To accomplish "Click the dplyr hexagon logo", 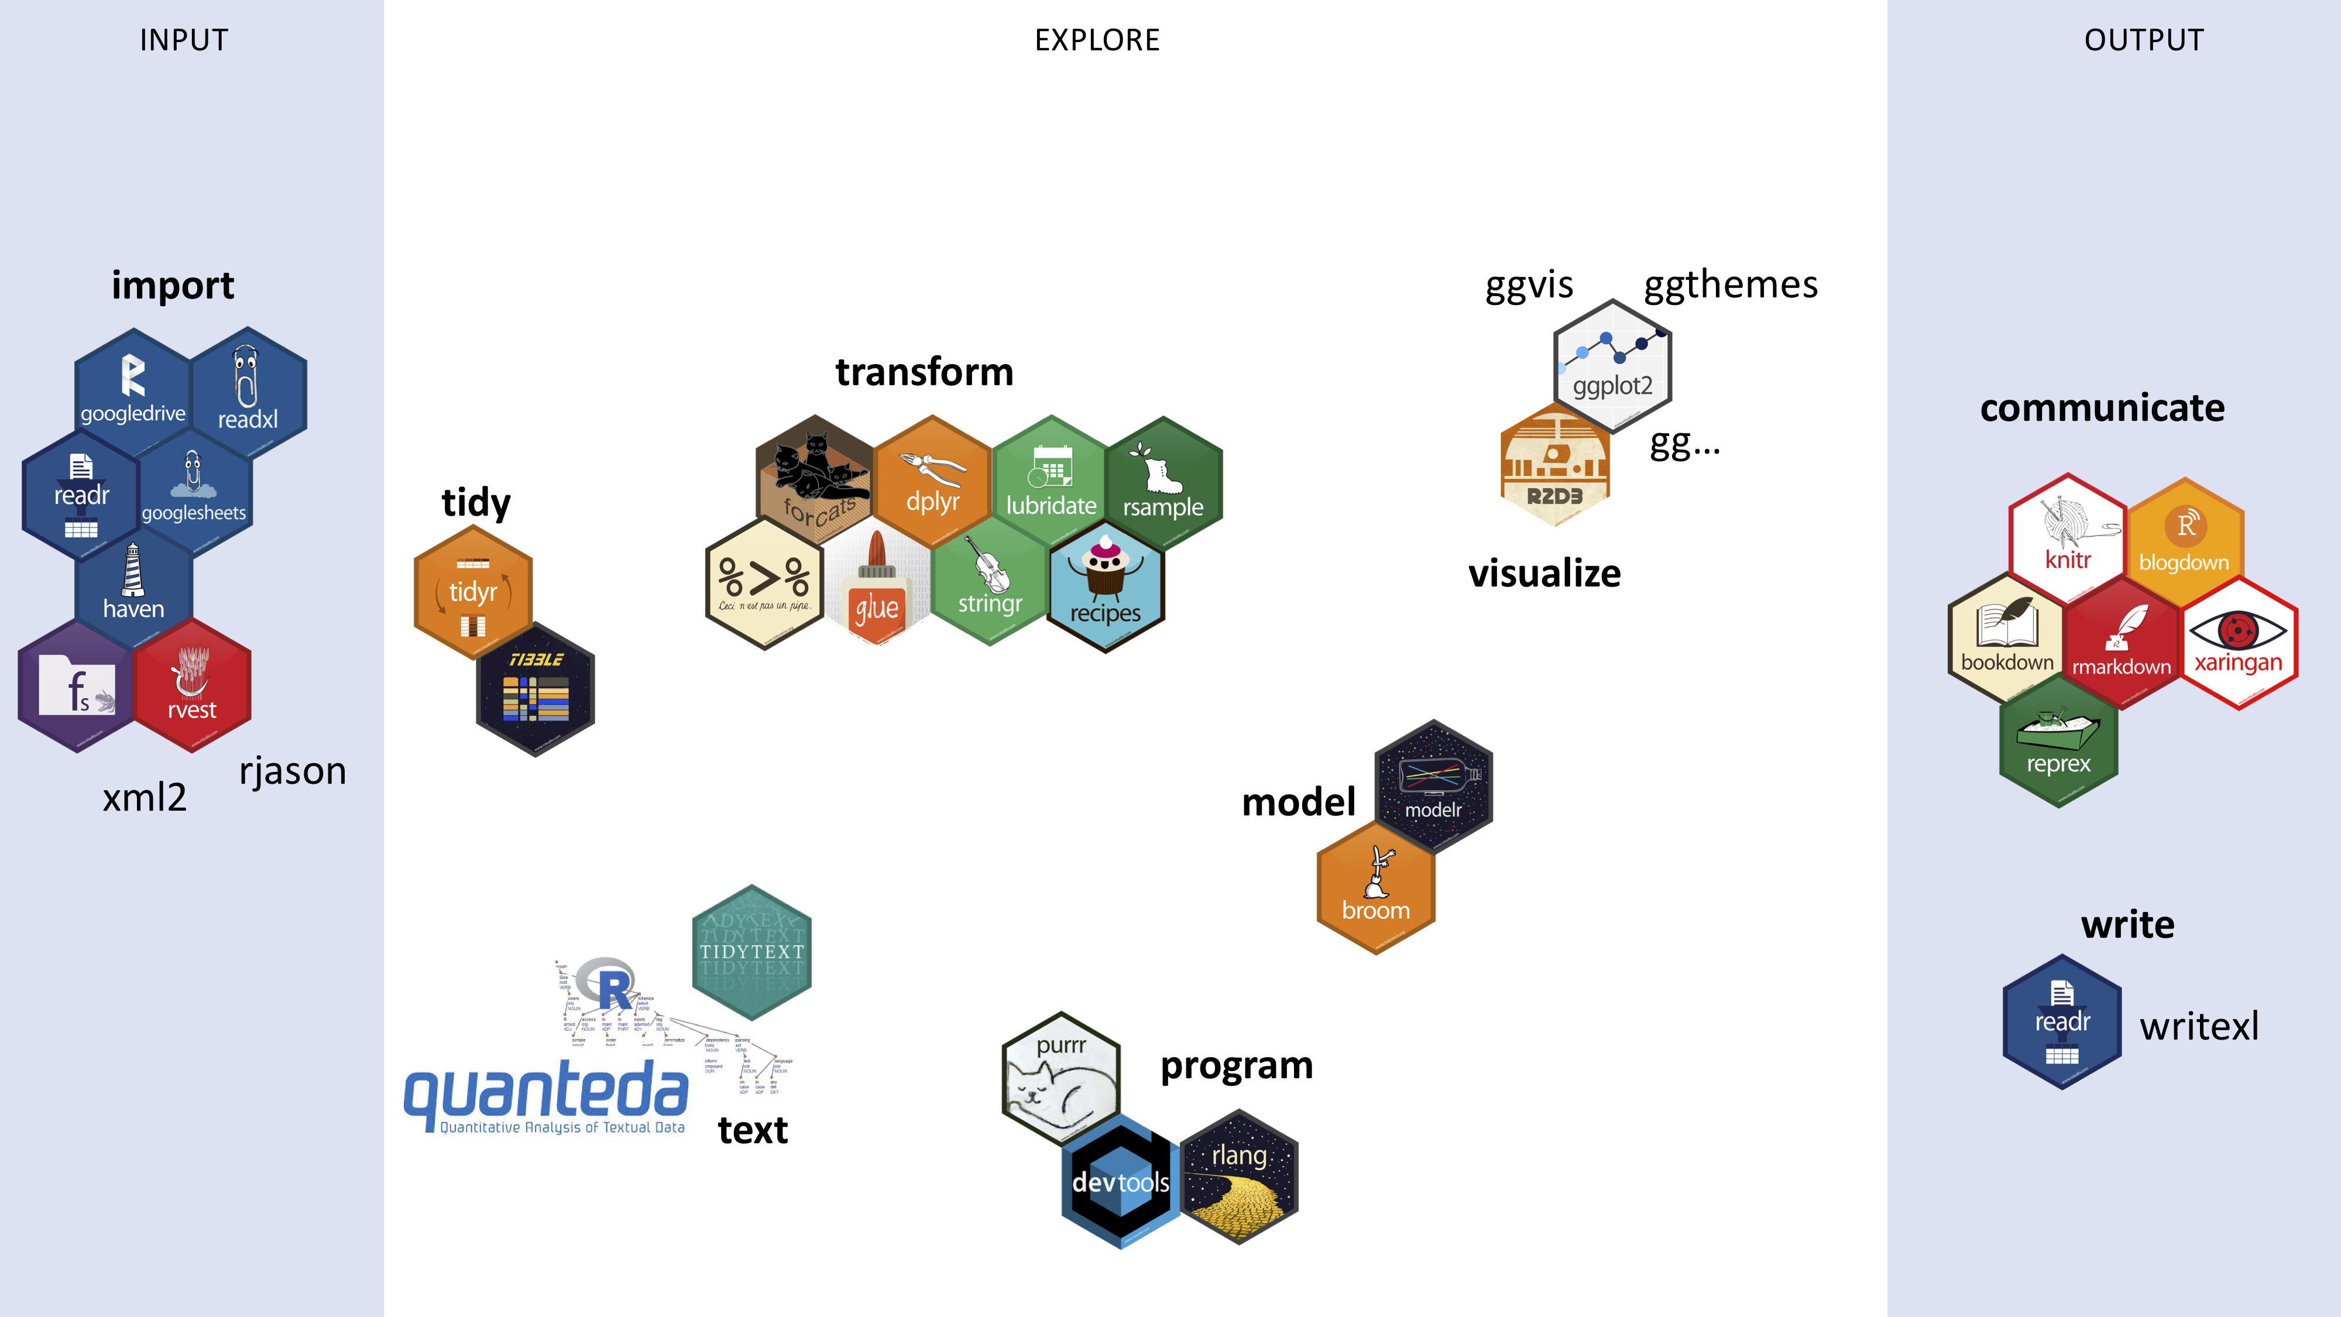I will pyautogui.click(x=932, y=482).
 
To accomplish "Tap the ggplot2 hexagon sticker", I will pyautogui.click(x=1612, y=365).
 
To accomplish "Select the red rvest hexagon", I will pyautogui.click(x=192, y=686).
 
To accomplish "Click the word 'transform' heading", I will pyautogui.click(x=924, y=372).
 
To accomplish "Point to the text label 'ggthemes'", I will pyautogui.click(x=1731, y=284).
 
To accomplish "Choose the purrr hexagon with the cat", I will pyautogui.click(x=1060, y=1077).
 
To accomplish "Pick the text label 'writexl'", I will pyautogui.click(x=2198, y=1026).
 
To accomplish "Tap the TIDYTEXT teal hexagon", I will pyautogui.click(x=751, y=952).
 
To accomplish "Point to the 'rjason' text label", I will pyautogui.click(x=293, y=771).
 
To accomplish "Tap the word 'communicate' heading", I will pyautogui.click(x=2102, y=408).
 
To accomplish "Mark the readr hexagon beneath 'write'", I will pyautogui.click(x=2062, y=1021).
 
